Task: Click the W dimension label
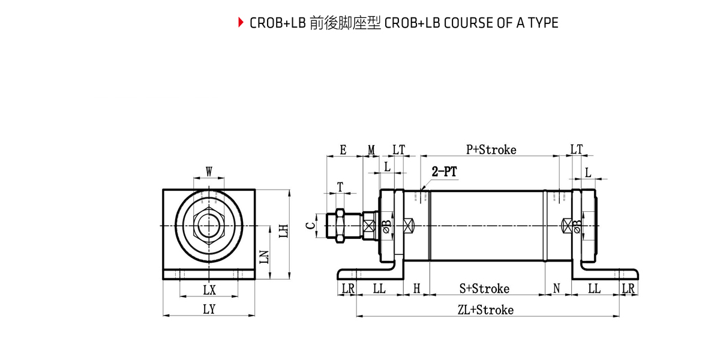pos(209,172)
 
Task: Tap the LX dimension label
pos(209,290)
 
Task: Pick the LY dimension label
pos(209,310)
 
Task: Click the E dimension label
pos(343,150)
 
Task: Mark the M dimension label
pos(371,150)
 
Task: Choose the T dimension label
pos(340,187)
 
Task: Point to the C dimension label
pos(310,226)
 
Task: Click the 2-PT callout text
pos(445,172)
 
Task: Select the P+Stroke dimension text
pos(491,150)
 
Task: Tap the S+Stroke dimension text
pos(484,289)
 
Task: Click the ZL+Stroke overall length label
pos(485,310)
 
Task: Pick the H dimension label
pos(416,289)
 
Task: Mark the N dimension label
pos(556,289)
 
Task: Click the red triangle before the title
pos(241,23)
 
